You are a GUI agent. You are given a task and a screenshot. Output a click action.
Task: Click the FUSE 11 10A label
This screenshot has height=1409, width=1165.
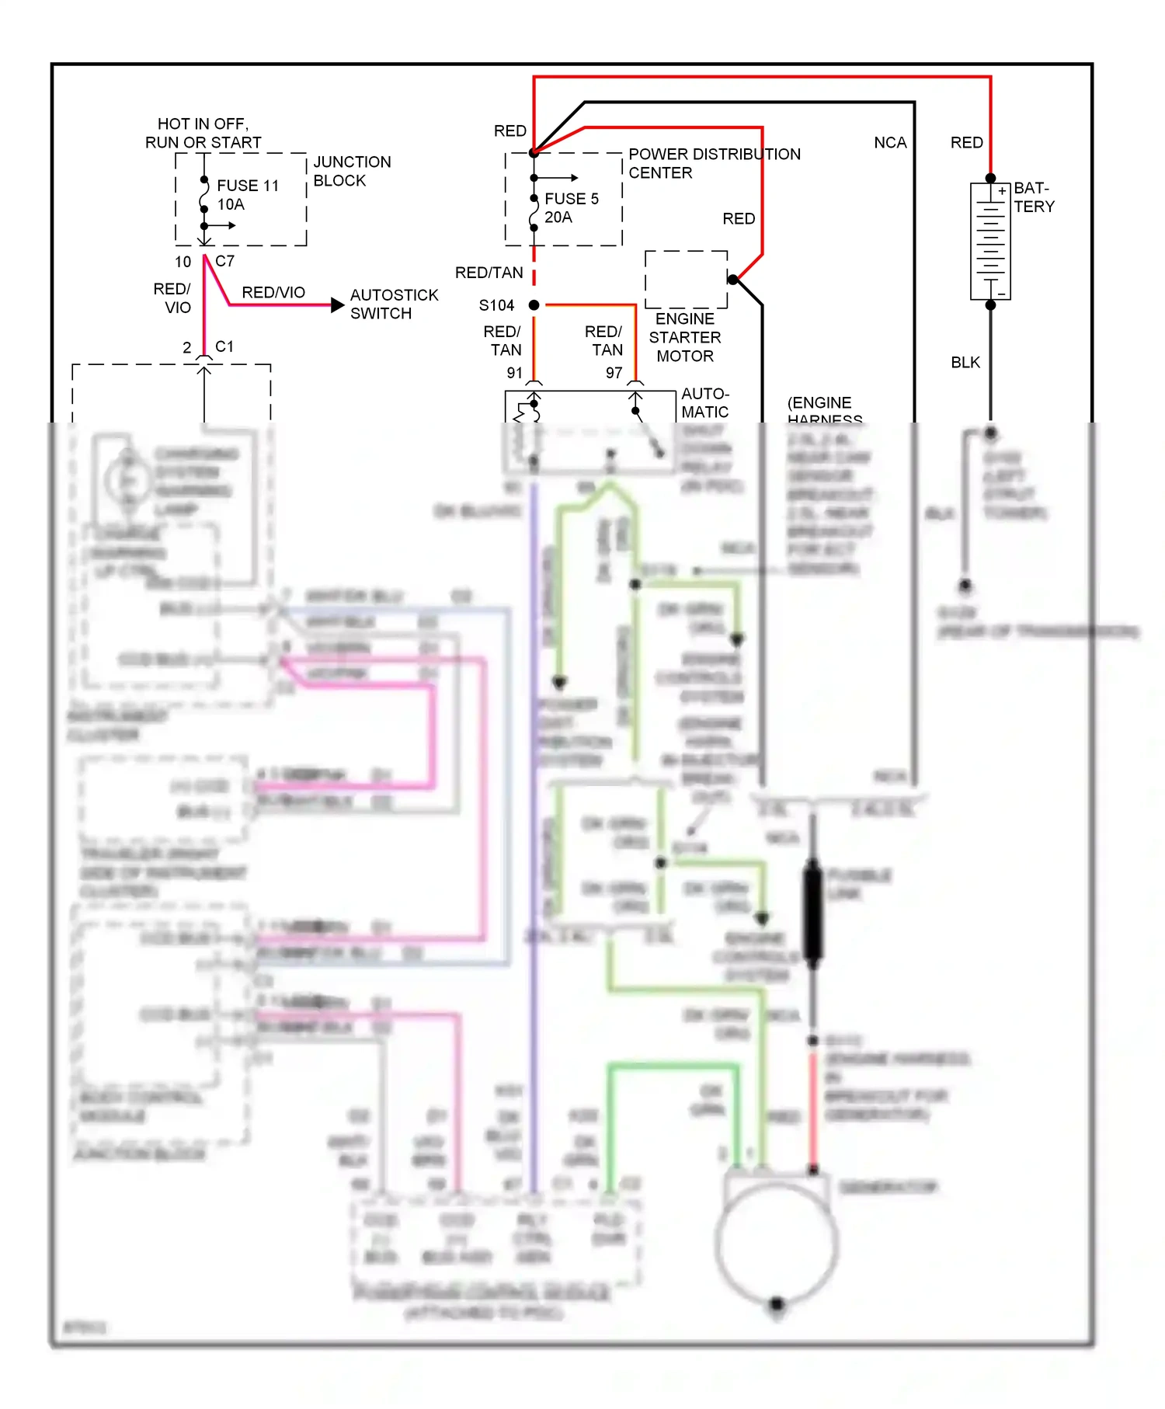(x=247, y=195)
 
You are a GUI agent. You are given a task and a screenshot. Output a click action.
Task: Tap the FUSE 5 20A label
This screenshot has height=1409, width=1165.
(x=571, y=208)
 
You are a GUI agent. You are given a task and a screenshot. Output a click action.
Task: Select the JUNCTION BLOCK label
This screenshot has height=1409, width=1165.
(x=351, y=171)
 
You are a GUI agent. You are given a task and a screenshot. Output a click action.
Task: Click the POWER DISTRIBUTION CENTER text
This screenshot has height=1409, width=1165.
(x=713, y=163)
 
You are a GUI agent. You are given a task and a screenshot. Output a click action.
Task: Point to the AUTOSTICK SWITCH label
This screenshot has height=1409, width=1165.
(x=393, y=304)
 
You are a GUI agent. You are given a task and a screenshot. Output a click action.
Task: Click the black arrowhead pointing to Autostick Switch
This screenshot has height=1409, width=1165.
(x=337, y=305)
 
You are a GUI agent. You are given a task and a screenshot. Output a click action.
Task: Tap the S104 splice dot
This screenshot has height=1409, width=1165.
(x=534, y=305)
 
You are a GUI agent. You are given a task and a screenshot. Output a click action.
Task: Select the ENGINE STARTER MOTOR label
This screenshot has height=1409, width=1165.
(x=684, y=337)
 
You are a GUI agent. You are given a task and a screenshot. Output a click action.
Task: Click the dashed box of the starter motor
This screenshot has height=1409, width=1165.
(x=686, y=279)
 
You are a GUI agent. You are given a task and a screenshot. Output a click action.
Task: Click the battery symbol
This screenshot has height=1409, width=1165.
(x=990, y=241)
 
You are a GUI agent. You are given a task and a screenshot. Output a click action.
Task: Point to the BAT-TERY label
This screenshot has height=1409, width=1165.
(x=1034, y=197)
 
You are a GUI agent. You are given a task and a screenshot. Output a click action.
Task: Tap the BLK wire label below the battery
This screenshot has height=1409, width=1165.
(x=965, y=363)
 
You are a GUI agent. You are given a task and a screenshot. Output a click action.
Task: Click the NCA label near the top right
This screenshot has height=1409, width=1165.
(x=890, y=143)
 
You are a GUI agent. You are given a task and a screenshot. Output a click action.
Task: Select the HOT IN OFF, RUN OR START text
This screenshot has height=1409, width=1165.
(x=203, y=134)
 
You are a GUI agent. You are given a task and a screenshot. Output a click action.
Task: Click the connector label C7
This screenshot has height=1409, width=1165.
(x=224, y=262)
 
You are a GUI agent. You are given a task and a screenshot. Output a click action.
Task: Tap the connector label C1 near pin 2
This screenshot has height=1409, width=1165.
(x=224, y=346)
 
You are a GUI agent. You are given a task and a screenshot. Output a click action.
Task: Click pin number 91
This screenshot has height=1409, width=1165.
(x=514, y=374)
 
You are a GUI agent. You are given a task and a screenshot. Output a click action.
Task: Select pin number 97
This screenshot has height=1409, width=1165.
(x=614, y=374)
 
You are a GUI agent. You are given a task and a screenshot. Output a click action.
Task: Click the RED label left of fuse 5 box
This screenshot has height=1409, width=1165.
(x=509, y=131)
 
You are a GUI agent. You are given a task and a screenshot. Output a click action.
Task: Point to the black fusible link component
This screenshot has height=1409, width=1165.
(x=812, y=913)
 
